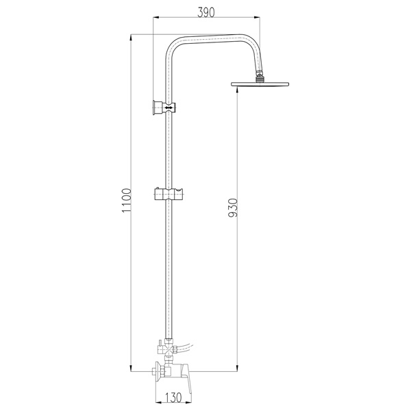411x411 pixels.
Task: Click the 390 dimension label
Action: [x=206, y=12]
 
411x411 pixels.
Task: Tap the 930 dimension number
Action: [x=233, y=208]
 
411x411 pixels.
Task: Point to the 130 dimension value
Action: [x=173, y=397]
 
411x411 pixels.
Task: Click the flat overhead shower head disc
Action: [x=260, y=84]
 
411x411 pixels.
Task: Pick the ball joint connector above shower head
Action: [x=259, y=77]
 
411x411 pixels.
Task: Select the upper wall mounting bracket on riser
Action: [x=164, y=108]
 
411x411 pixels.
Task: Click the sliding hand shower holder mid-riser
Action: [x=168, y=194]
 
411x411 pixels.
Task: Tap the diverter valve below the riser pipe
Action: [x=169, y=349]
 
